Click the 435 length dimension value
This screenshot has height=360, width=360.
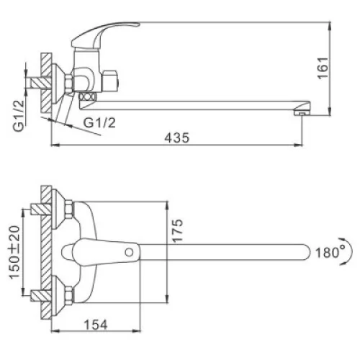click(x=177, y=138)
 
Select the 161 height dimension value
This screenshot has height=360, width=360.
click(x=323, y=68)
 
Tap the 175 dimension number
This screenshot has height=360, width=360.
click(x=178, y=230)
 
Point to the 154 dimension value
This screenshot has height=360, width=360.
click(x=96, y=325)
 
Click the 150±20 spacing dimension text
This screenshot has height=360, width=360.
click(x=14, y=253)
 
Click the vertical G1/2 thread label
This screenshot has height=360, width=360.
click(x=19, y=116)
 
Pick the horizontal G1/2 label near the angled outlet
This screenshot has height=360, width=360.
click(x=99, y=123)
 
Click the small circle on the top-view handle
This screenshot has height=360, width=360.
click(x=130, y=252)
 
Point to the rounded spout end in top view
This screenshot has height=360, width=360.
click(x=305, y=252)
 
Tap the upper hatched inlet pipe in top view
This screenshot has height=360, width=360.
click(x=41, y=210)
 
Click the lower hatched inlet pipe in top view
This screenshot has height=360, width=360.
click(x=41, y=296)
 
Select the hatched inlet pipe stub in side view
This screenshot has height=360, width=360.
click(x=40, y=83)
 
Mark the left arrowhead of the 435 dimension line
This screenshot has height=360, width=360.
click(x=55, y=145)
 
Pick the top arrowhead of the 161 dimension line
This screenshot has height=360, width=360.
click(x=330, y=26)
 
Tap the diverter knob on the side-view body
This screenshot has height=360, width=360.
click(x=110, y=81)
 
